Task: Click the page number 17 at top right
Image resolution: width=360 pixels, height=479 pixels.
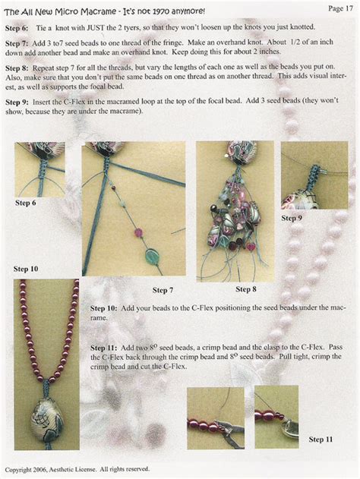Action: point(349,8)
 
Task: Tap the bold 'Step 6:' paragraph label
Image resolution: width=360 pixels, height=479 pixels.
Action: point(17,28)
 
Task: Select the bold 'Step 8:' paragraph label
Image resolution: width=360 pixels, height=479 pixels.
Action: point(17,68)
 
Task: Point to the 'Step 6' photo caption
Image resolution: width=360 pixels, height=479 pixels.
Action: point(25,203)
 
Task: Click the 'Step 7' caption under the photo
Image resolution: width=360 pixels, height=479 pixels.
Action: point(163,290)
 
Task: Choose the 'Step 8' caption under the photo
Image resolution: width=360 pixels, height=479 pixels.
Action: point(246,289)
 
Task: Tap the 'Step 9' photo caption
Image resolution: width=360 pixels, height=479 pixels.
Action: point(292,218)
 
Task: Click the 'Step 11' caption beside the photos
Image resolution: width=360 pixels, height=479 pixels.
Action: point(321,440)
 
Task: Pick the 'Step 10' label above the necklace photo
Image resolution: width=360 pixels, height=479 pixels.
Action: point(26,269)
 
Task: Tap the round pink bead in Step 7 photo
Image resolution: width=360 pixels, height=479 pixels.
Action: point(138,233)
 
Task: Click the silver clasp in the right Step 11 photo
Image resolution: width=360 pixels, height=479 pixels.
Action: point(290,429)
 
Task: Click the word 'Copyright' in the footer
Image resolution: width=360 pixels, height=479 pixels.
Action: point(18,470)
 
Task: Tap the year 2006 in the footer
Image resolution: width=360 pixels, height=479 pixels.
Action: point(39,469)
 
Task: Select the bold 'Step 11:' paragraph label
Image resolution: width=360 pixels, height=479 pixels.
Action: point(103,348)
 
